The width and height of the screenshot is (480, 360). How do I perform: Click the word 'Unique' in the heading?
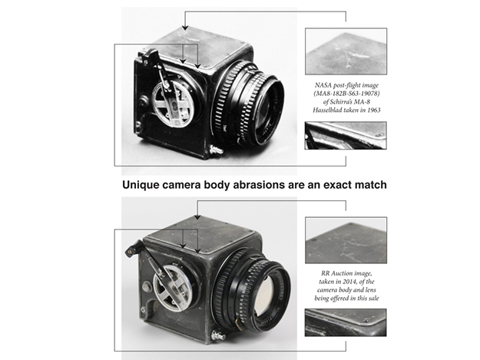tap(140, 184)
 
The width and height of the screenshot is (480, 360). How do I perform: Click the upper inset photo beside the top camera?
tap(345, 51)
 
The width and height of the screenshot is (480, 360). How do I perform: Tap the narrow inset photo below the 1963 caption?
tap(345, 135)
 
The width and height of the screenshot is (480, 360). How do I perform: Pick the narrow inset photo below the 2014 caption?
tap(345, 322)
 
